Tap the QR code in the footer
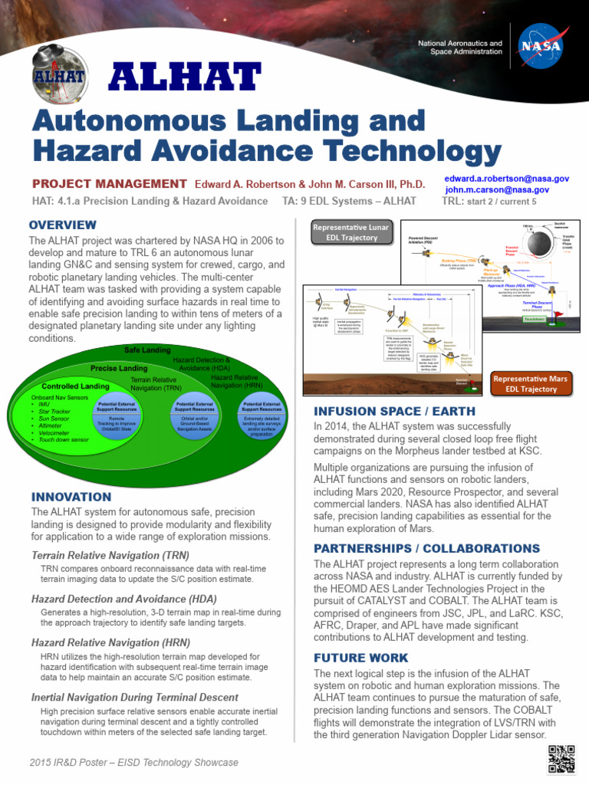561,758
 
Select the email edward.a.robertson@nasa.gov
507,178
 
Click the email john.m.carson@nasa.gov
497,189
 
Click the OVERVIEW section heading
63,225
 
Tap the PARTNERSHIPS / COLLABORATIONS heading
426,548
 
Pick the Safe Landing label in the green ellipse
147,350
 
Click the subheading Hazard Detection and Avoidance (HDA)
124,599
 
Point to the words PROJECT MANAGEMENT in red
109,183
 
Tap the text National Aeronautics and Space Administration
460,49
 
